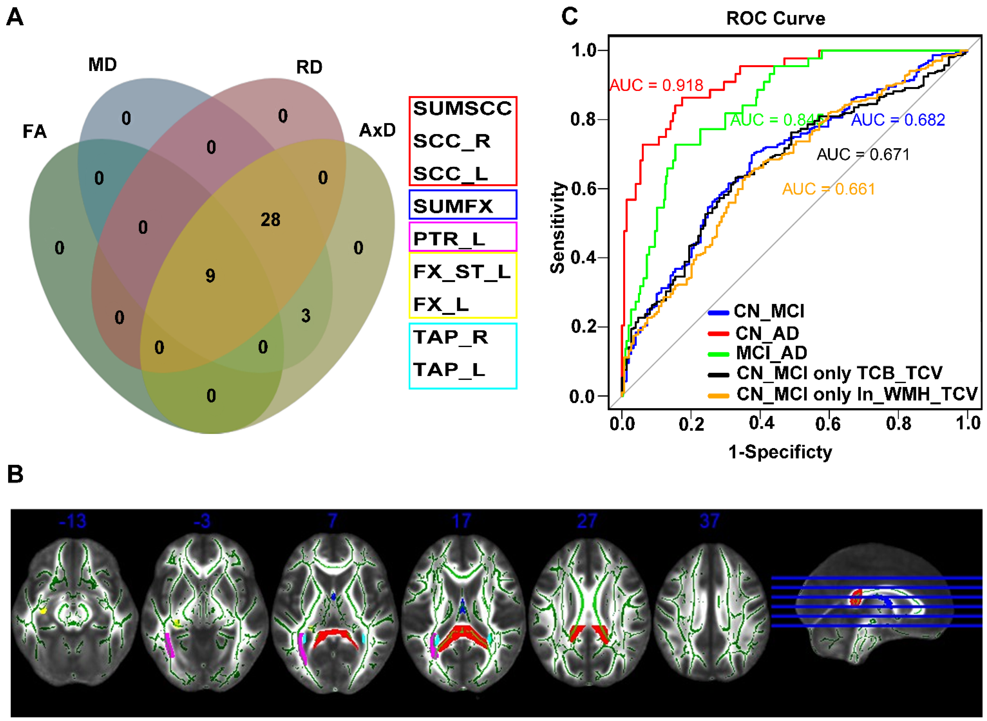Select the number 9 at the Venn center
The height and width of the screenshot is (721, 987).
click(x=210, y=275)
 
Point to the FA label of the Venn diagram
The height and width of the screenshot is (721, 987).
click(x=34, y=131)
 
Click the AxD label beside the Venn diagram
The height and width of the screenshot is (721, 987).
click(x=377, y=130)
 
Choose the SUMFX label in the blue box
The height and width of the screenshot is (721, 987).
click(x=453, y=206)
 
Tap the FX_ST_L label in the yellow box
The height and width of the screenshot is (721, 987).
click(x=462, y=272)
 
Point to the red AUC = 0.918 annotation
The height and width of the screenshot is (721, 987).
click(x=656, y=85)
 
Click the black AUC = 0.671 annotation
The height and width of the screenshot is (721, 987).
click(x=863, y=155)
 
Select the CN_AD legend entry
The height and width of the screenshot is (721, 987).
click(x=767, y=333)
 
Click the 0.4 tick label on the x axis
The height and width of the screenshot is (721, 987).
click(x=761, y=423)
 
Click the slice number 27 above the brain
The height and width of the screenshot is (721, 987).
click(x=586, y=521)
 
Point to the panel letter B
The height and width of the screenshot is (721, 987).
click(x=15, y=474)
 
